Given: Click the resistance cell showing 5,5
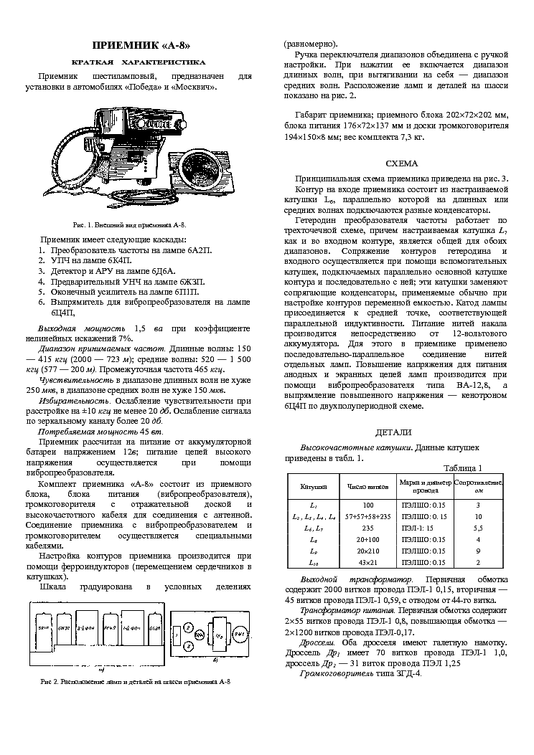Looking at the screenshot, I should (477, 528).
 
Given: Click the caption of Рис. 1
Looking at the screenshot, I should (133, 224).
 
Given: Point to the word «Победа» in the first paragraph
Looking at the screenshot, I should (144, 87).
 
